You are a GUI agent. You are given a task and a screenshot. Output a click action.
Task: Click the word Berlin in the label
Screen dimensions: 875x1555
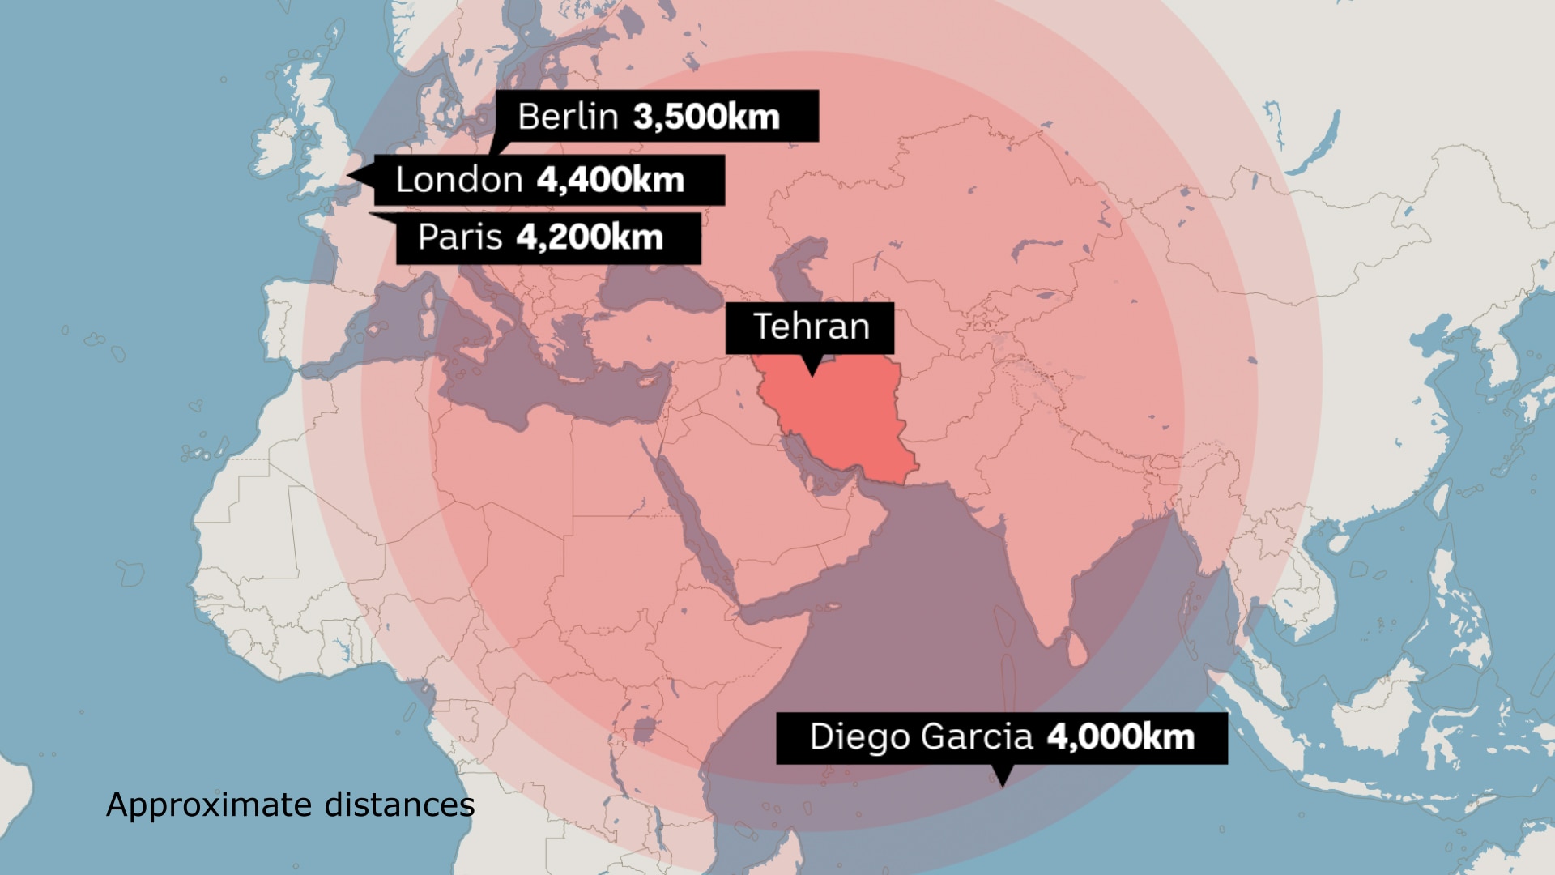pyautogui.click(x=568, y=117)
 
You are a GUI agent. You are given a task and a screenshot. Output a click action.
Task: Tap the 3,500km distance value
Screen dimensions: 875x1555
pyautogui.click(x=706, y=117)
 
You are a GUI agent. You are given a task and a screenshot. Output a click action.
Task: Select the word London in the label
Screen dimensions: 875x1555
pyautogui.click(x=459, y=180)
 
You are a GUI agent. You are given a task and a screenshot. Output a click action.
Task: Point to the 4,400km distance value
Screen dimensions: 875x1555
pyautogui.click(x=611, y=180)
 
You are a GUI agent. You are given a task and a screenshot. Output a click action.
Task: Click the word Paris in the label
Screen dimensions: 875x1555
pyautogui.click(x=459, y=237)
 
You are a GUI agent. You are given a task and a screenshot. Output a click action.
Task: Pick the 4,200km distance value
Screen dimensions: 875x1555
pyautogui.click(x=590, y=237)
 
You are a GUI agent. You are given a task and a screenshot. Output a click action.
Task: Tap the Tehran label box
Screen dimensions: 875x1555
pyautogui.click(x=810, y=327)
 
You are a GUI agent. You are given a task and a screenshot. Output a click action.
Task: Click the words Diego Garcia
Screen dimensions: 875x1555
pyautogui.click(x=921, y=737)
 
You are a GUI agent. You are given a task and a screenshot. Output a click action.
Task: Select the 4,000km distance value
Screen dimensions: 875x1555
pyautogui.click(x=1121, y=737)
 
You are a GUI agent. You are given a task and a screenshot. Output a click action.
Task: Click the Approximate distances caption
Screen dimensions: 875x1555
pyautogui.click(x=290, y=805)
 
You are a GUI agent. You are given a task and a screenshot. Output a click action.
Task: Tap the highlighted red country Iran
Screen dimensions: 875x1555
pyautogui.click(x=842, y=421)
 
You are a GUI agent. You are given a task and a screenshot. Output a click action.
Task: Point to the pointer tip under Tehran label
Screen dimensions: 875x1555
pyautogui.click(x=812, y=375)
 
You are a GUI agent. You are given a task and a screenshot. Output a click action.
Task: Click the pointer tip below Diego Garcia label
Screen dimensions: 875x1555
pyautogui.click(x=1003, y=785)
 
